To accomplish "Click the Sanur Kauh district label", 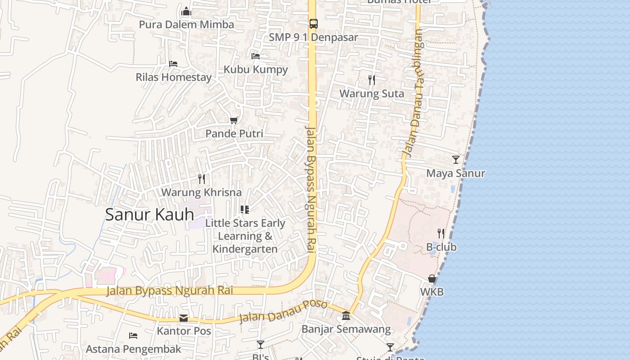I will (149, 215).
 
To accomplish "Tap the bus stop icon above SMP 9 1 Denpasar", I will (313, 24).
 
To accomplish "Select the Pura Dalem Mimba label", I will (186, 24).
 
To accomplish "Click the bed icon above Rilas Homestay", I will (173, 64).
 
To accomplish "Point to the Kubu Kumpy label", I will (256, 69).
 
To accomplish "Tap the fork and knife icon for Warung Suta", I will (371, 80).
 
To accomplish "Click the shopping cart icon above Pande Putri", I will (234, 120).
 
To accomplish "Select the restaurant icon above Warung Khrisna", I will (202, 179).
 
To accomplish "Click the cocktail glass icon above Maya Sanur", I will (456, 159).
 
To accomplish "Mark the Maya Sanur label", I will (455, 173).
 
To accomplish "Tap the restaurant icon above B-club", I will (441, 234).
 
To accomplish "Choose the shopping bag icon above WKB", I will (432, 279).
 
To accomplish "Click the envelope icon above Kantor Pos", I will (184, 318).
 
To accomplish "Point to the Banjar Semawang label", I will (346, 329).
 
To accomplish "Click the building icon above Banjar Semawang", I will (346, 315).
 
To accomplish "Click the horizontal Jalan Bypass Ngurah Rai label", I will (170, 290).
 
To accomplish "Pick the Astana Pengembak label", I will (134, 349).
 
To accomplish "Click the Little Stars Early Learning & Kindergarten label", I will (245, 236).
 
